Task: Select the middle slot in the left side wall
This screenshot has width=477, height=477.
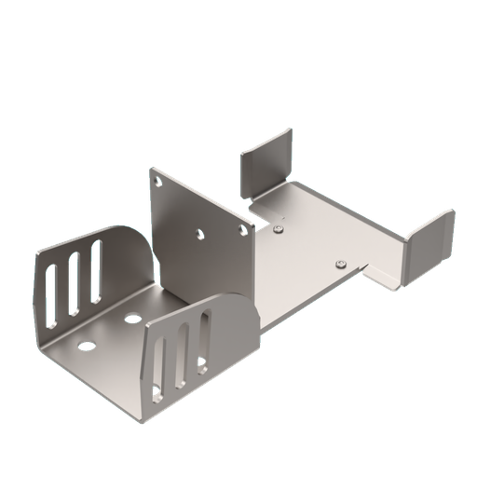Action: (75, 279)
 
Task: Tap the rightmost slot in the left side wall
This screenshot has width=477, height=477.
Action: (95, 266)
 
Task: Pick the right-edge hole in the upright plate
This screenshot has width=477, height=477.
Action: (245, 225)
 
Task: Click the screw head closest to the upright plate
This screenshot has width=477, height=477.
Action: (278, 225)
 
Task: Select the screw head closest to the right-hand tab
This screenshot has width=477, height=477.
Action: (341, 263)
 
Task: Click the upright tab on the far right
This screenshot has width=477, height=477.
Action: (428, 238)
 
